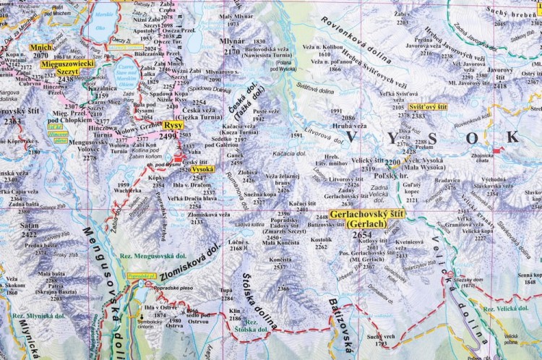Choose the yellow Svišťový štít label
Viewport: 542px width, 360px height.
[427, 107]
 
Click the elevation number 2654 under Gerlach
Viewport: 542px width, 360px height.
[363, 236]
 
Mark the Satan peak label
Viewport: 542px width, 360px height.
[30, 226]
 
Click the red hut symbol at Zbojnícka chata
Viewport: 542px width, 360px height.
[498, 150]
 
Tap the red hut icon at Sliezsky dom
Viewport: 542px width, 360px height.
[450, 275]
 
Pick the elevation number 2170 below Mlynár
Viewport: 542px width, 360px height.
[232, 52]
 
